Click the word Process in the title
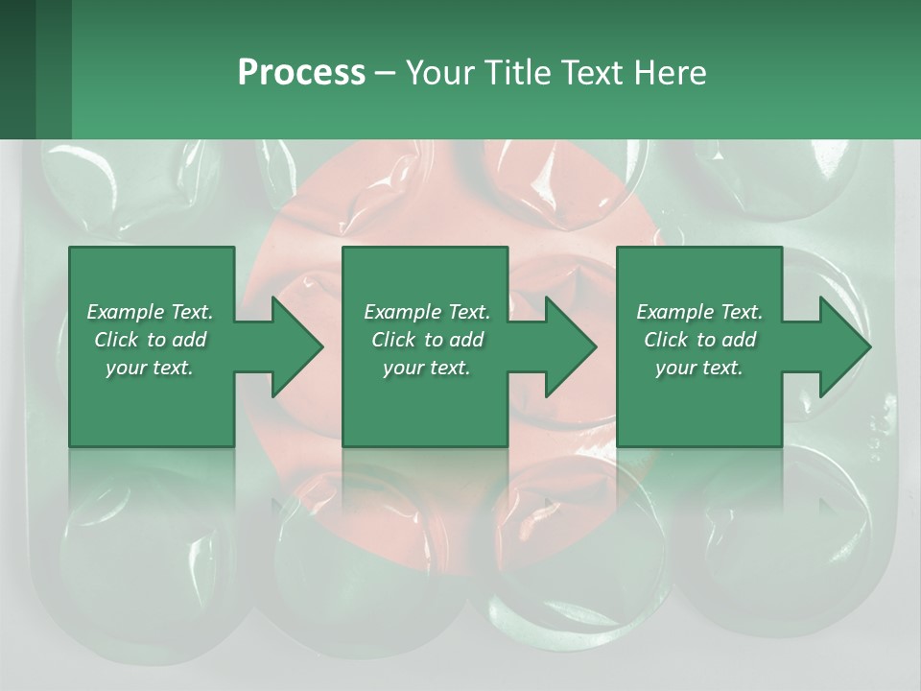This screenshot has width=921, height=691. coord(301,73)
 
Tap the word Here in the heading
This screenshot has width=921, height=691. coord(671,73)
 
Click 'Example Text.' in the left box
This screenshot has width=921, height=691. coord(150,312)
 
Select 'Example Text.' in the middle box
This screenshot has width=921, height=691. coord(427,312)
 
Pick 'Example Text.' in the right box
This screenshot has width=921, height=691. coord(699,312)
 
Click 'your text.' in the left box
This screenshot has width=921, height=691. coord(150,368)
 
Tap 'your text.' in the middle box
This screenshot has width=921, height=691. coord(427,368)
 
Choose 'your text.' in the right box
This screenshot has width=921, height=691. coord(699,368)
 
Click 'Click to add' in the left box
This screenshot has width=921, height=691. coord(150,340)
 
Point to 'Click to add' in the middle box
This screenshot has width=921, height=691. coord(427,340)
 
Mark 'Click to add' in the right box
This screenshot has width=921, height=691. coord(699,340)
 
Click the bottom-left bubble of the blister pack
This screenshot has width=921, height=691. coord(134,566)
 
